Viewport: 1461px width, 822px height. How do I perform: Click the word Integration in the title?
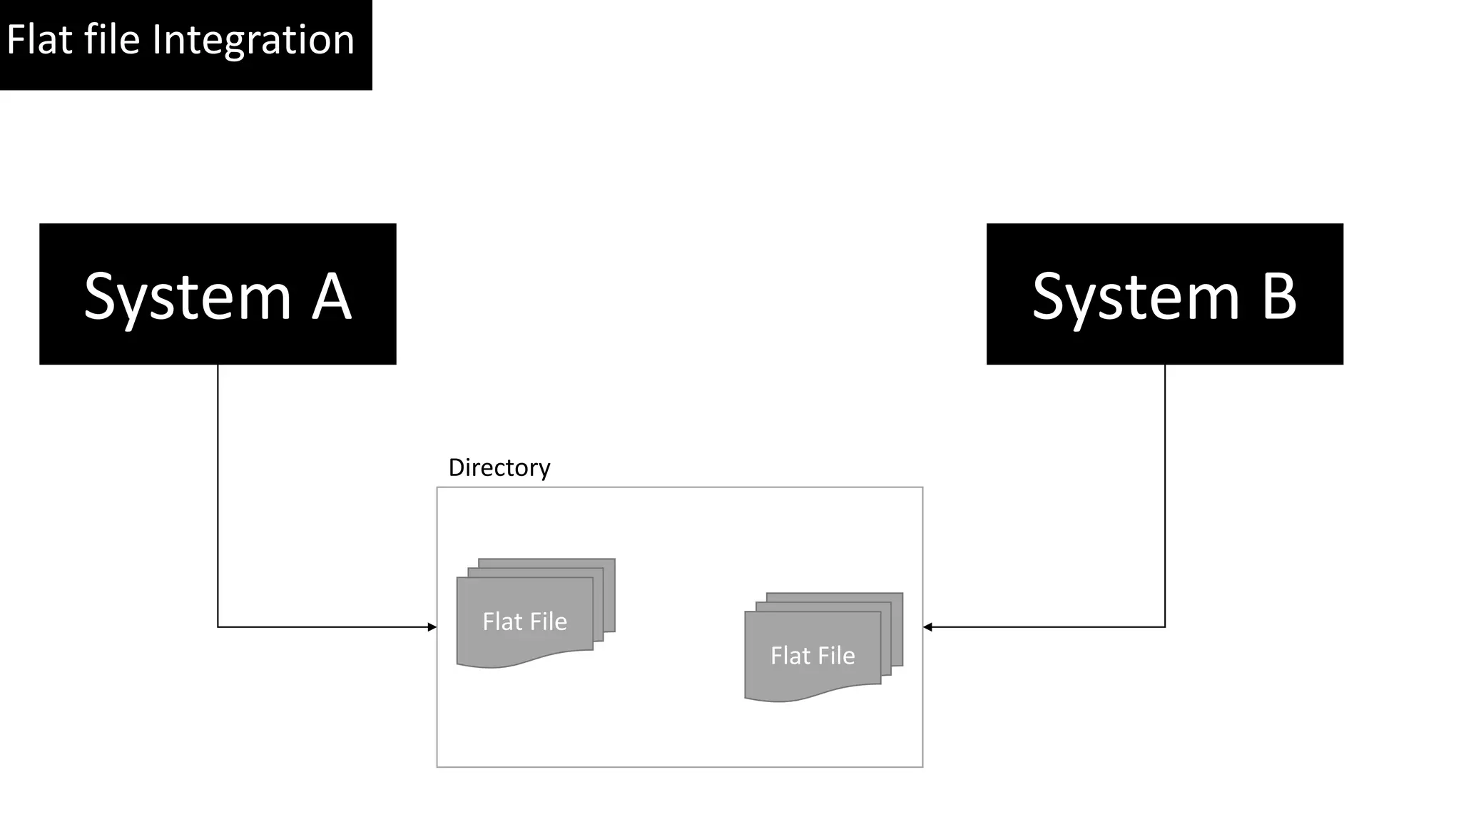253,40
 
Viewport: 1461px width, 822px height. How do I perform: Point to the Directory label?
499,467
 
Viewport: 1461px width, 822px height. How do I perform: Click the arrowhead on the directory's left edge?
432,627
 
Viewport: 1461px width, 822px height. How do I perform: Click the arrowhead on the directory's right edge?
927,627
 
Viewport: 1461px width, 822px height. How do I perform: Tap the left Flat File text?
524,621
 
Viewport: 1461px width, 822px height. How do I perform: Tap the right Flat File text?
813,656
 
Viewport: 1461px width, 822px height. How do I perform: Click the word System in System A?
187,296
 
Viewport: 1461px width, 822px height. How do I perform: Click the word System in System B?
1136,296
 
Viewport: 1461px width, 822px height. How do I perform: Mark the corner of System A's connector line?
218,627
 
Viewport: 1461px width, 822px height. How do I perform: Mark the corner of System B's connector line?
1165,627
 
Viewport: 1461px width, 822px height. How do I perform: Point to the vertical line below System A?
218,492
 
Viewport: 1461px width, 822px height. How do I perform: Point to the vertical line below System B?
1165,492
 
